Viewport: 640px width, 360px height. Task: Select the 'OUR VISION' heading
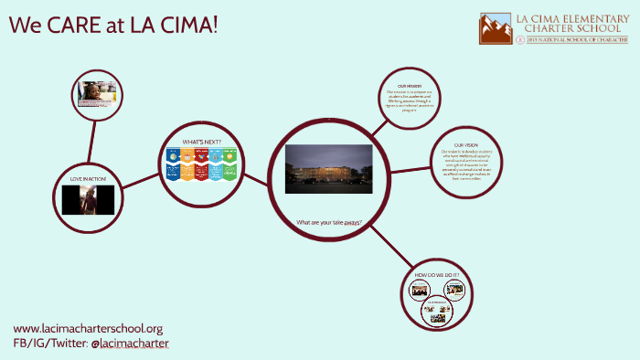point(465,143)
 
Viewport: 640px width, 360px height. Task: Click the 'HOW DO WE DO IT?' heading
point(437,275)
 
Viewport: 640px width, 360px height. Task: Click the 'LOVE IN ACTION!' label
point(88,178)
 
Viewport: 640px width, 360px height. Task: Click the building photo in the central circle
point(328,168)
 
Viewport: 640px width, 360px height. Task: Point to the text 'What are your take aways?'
point(328,222)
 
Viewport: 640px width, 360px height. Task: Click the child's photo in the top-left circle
point(96,92)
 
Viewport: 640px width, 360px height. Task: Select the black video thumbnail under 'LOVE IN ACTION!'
point(88,199)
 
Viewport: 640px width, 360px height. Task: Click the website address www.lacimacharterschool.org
point(88,328)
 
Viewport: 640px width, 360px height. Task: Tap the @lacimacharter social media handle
point(130,344)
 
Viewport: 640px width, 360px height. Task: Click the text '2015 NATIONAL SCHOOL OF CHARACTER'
point(571,40)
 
